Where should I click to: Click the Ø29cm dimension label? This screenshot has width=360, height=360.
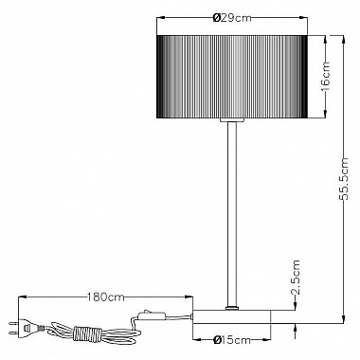[x=232, y=18]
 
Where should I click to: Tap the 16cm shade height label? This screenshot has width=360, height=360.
[x=325, y=76]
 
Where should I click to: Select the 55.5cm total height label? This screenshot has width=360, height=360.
[x=343, y=179]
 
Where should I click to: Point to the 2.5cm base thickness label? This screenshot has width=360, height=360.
[x=295, y=278]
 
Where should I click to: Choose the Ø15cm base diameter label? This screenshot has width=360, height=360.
[x=232, y=340]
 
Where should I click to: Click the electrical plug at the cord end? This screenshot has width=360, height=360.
[x=27, y=328]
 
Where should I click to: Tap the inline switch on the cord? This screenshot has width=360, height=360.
[x=152, y=315]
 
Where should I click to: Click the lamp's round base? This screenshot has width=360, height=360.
[x=232, y=316]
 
